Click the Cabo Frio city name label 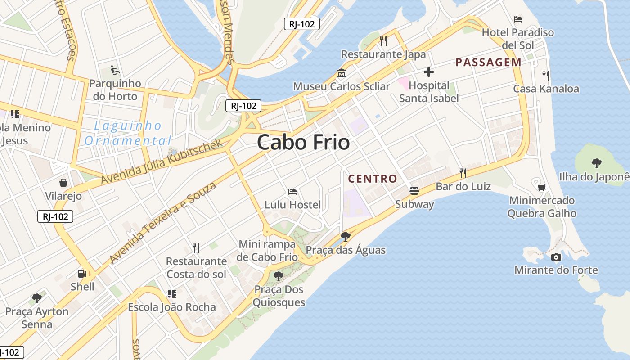(303, 143)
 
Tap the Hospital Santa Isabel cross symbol (429, 72)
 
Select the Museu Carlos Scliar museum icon (342, 73)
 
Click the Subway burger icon (414, 191)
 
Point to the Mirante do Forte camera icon (556, 257)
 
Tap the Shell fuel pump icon (82, 273)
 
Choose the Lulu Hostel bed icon (292, 192)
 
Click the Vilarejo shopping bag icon (63, 183)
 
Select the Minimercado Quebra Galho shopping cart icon (542, 187)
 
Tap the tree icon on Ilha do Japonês (597, 163)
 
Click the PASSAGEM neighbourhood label (488, 63)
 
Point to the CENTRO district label (373, 179)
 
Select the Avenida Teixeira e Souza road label (163, 223)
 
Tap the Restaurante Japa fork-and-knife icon (383, 41)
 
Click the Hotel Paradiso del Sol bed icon (518, 19)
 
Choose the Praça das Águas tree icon (346, 236)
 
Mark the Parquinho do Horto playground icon (115, 70)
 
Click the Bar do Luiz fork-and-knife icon (463, 173)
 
